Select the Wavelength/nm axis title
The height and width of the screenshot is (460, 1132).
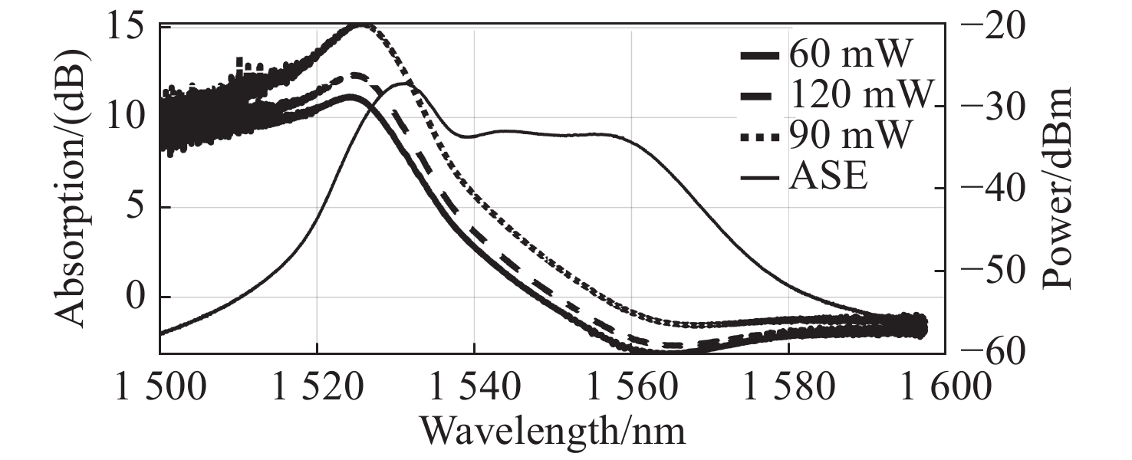pos(552,431)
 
